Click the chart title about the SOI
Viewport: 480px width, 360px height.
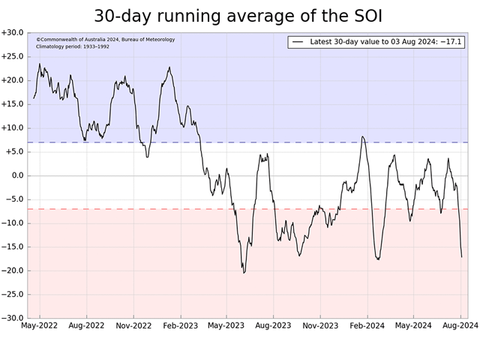(x=242, y=16)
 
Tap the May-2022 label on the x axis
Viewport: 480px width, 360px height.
(x=40, y=325)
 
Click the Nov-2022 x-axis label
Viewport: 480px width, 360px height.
(x=133, y=325)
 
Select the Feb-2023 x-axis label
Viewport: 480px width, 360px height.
(x=180, y=325)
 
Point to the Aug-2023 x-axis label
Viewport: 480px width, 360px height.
(x=273, y=325)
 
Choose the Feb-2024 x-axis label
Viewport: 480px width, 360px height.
(x=367, y=325)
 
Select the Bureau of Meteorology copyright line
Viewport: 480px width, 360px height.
(x=105, y=39)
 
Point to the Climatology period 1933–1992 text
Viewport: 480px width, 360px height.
(x=73, y=46)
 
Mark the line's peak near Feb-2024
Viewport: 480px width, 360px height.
(x=362, y=136)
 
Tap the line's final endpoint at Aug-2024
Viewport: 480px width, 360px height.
(x=461, y=256)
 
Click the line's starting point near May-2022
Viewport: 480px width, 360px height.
(x=34, y=98)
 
